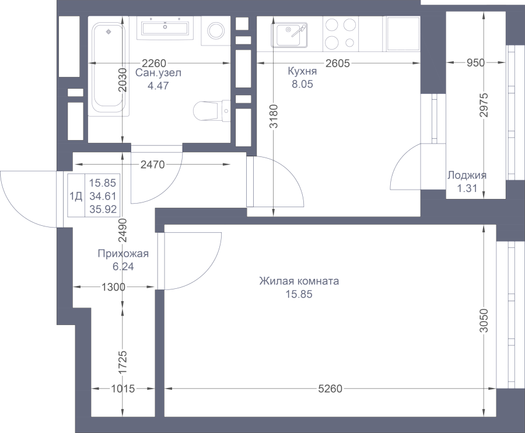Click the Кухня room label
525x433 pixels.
(302, 71)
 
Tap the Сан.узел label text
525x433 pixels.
(158, 73)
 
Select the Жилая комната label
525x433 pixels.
(299, 281)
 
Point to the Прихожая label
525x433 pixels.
(123, 253)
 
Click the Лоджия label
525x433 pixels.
(467, 175)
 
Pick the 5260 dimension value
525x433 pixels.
(330, 389)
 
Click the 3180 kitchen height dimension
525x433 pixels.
(274, 116)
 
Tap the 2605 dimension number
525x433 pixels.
(338, 63)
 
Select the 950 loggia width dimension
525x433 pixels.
(475, 62)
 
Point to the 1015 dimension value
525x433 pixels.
(123, 389)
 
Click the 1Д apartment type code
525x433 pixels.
(76, 196)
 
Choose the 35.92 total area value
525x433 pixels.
(103, 209)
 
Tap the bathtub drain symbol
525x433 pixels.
(108, 32)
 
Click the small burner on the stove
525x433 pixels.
(349, 43)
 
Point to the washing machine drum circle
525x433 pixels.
(216, 31)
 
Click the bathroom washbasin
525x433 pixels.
(165, 28)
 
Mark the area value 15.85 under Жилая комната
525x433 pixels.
(299, 294)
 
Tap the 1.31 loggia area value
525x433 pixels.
(467, 188)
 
